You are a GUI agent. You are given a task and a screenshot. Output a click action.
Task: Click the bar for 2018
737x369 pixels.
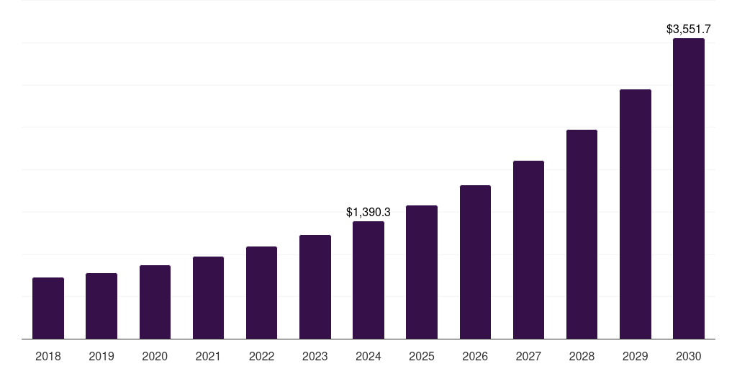48,308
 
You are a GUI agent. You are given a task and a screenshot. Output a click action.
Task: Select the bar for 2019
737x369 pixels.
101,306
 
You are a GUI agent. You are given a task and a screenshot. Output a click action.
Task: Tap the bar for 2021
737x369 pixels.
208,298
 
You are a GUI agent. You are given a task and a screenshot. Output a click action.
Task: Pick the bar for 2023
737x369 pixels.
315,287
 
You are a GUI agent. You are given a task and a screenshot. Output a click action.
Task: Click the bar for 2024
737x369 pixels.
368,280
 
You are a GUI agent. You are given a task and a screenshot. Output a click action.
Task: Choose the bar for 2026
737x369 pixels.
475,262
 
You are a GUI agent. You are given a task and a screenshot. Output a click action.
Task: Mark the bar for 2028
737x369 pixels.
582,234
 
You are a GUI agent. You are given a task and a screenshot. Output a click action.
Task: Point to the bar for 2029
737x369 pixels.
636,214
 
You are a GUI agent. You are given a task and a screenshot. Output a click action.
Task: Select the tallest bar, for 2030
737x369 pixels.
689,188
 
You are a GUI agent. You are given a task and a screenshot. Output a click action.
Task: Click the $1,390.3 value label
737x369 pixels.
368,213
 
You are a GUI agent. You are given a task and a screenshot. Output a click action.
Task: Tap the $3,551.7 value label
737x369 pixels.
689,30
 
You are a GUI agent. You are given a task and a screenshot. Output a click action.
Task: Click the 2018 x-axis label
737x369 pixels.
48,356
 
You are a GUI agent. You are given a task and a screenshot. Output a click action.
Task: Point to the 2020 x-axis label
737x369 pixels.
155,356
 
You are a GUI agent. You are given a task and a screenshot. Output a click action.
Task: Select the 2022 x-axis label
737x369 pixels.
261,356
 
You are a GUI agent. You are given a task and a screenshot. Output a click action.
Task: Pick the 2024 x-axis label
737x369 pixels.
368,356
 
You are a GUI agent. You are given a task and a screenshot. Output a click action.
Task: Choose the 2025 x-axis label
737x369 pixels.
422,356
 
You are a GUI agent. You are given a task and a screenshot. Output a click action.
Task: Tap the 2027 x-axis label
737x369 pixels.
528,356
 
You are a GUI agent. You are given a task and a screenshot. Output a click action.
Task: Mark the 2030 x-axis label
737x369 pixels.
689,356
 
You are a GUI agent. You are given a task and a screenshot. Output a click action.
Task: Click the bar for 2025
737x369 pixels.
422,272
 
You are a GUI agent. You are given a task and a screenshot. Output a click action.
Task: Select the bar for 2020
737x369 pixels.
155,302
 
